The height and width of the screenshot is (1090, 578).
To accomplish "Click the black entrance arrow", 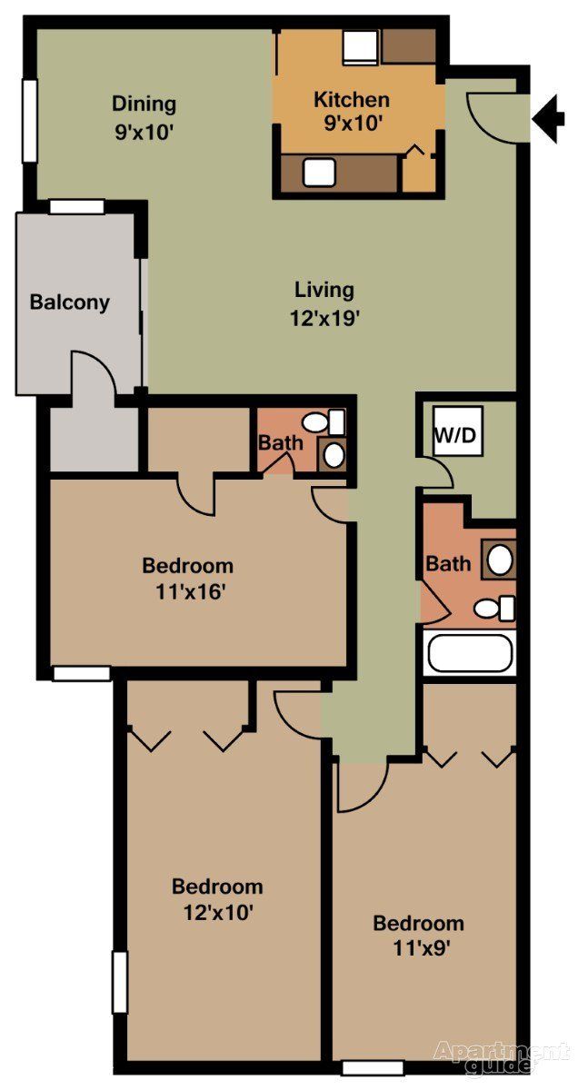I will click(548, 120).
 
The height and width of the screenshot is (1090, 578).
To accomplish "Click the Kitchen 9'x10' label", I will click(352, 111).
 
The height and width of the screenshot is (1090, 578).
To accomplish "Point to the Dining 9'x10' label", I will click(144, 116).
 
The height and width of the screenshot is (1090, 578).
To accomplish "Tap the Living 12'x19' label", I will click(324, 303).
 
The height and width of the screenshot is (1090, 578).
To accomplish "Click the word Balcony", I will click(70, 302).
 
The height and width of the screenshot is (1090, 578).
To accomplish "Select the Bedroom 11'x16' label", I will click(187, 579).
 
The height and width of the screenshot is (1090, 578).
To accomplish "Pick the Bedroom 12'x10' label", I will click(217, 898).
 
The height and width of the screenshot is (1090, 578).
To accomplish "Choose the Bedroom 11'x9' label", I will click(419, 936).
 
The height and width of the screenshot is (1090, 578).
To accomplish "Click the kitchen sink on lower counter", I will click(318, 171).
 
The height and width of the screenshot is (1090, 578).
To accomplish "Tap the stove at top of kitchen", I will click(360, 45).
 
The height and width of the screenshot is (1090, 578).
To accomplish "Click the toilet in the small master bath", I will click(318, 422).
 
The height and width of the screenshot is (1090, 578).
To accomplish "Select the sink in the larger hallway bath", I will click(499, 559).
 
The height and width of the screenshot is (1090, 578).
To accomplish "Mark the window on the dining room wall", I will click(29, 109).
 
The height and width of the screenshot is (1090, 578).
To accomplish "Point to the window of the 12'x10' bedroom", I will click(119, 981).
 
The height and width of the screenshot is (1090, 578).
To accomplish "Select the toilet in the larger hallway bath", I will click(495, 608).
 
